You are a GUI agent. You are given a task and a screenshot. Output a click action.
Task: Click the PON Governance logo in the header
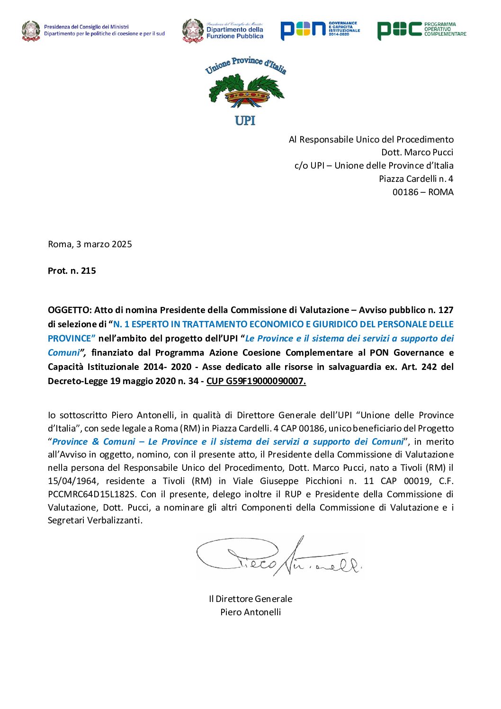point(320,30)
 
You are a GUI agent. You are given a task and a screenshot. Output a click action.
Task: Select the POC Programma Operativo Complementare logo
point(421,30)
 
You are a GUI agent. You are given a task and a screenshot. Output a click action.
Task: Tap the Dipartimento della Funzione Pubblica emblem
point(193,31)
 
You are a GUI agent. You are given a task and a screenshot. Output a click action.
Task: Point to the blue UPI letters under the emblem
point(245,120)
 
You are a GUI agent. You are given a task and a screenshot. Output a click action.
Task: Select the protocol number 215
point(89,271)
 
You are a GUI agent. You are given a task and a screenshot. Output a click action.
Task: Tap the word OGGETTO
point(69,310)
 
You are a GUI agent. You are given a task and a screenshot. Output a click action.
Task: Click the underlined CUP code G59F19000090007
point(256,381)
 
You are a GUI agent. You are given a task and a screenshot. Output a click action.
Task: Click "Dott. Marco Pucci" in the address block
point(417,153)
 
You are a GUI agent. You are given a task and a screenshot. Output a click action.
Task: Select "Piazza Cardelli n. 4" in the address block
point(416,179)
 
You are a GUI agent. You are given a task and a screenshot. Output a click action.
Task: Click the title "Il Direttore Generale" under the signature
point(250,599)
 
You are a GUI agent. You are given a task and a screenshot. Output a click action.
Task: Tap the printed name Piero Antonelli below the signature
point(250,612)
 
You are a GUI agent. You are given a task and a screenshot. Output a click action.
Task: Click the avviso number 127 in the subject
point(446,310)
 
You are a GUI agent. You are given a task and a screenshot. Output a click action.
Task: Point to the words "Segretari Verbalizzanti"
point(95,521)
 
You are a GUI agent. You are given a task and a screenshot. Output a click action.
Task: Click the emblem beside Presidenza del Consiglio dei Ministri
point(31,31)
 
